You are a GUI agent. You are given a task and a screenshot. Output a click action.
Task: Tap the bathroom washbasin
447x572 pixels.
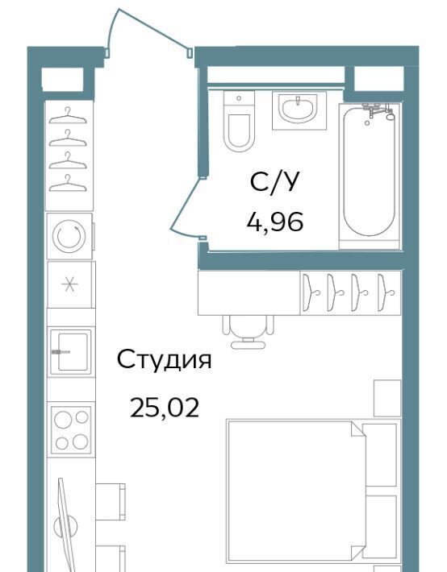[x=299, y=110]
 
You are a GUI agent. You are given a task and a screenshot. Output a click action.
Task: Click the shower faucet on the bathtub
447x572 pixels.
[x=378, y=111]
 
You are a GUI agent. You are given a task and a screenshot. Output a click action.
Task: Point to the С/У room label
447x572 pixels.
[x=275, y=182]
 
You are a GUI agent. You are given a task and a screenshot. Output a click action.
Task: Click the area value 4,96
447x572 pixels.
[x=275, y=222]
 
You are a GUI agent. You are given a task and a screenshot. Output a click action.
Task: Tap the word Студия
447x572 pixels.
[x=164, y=359]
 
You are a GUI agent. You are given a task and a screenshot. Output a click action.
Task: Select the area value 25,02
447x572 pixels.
[x=165, y=408]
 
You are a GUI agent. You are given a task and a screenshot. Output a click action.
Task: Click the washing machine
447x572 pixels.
[x=70, y=236]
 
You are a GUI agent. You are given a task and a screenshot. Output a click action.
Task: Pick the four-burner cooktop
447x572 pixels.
[x=71, y=429]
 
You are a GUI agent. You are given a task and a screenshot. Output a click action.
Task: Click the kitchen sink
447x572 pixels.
[x=70, y=351]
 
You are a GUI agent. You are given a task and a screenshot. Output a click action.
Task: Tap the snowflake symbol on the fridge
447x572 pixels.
[x=69, y=284]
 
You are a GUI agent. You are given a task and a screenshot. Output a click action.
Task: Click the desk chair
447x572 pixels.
[x=249, y=331]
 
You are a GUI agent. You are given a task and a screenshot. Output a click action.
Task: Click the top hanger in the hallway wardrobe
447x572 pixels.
[x=68, y=116]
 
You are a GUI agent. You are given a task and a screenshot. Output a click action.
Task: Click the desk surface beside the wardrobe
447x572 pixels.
[x=249, y=292]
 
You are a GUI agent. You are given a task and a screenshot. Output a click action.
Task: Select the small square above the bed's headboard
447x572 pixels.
[x=387, y=398]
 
